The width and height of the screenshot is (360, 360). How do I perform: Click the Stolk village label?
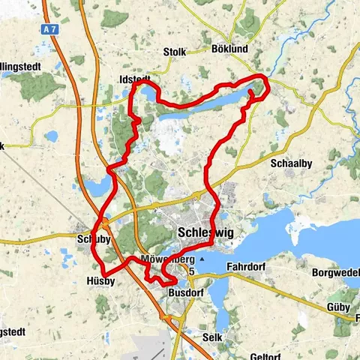pos(173,52)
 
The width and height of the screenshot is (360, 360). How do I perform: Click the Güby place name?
pos(338,307)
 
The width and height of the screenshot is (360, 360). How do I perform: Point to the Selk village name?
pos(211,337)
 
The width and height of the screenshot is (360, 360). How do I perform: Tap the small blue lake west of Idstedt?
pos(51,137)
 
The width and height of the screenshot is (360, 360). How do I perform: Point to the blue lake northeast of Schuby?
pos(94,184)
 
